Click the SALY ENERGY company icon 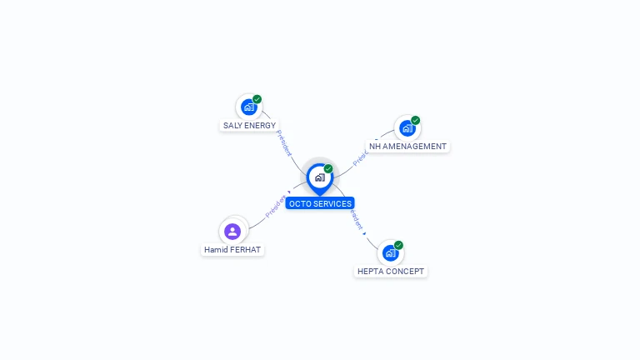coord(248,107)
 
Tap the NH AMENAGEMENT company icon coord(407,127)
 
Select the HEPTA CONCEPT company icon coord(390,252)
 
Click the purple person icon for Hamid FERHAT coord(232,231)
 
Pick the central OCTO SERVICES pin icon coord(319,177)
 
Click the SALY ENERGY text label coord(249,126)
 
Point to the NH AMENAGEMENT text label coord(408,147)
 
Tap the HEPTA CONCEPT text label coord(391,272)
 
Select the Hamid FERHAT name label coord(232,249)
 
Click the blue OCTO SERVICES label coord(320,203)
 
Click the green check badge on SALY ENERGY coord(257,99)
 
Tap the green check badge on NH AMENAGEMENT coord(416,120)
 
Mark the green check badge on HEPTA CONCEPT coord(399,245)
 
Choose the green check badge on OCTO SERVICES coord(328,168)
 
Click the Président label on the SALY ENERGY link coord(284,142)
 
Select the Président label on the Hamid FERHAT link coord(276,206)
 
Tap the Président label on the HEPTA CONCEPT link coord(357,218)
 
